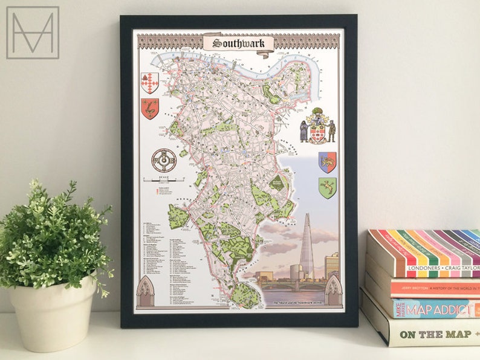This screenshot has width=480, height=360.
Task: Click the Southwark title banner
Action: [238, 43]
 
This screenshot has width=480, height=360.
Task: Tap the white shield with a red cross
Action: [149, 83]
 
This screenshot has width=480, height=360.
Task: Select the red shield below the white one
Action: [149, 109]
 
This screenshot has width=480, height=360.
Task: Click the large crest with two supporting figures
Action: [317, 126]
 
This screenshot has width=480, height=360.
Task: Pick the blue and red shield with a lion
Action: [327, 162]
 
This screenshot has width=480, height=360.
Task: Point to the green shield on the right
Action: [327, 187]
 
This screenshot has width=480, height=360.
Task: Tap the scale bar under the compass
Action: [164, 179]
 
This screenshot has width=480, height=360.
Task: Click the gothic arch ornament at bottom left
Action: [145, 292]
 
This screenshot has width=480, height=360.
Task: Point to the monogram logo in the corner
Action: [33, 33]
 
